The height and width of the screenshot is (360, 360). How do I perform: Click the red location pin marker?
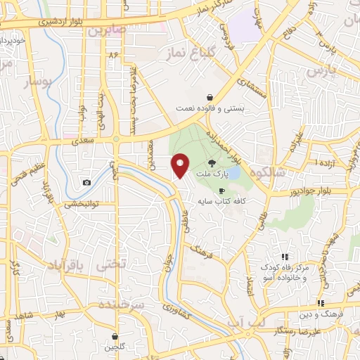(181, 165)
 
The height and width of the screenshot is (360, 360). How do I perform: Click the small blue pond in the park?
(234, 172)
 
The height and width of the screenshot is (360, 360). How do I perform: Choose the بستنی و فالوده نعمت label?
(210, 108)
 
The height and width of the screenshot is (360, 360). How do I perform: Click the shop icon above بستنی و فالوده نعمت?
(210, 98)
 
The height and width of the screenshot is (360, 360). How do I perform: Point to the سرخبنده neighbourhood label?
(121, 304)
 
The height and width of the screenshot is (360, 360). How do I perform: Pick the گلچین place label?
(114, 347)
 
